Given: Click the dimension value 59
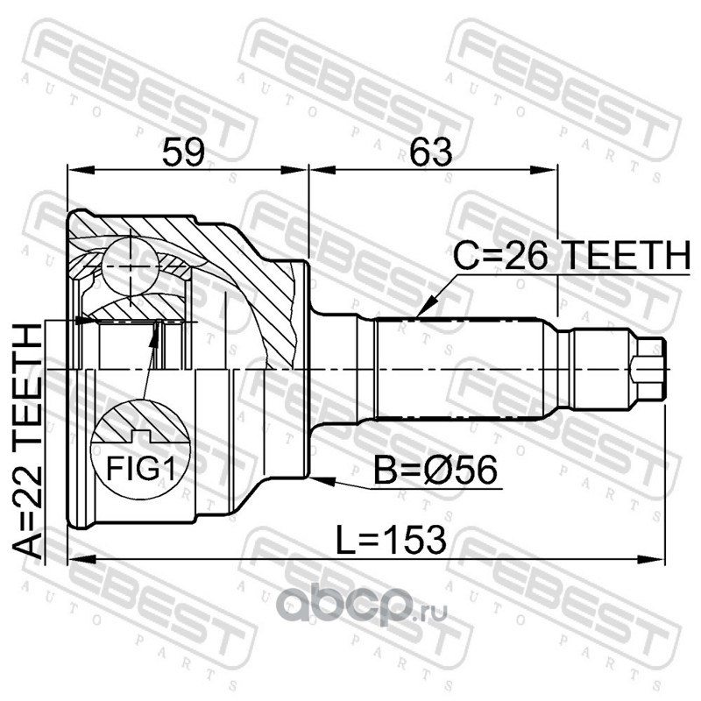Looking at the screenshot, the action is tap(183, 152).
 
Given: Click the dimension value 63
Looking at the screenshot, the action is tap(431, 152).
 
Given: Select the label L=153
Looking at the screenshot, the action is tap(391, 540).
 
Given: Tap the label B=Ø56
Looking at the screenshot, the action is tap(435, 470).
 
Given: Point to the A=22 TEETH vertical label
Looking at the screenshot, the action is tap(27, 442).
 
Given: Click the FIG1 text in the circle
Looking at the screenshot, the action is tap(140, 468).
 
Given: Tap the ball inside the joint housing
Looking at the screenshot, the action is tap(131, 266).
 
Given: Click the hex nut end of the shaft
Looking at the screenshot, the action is tap(648, 369).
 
